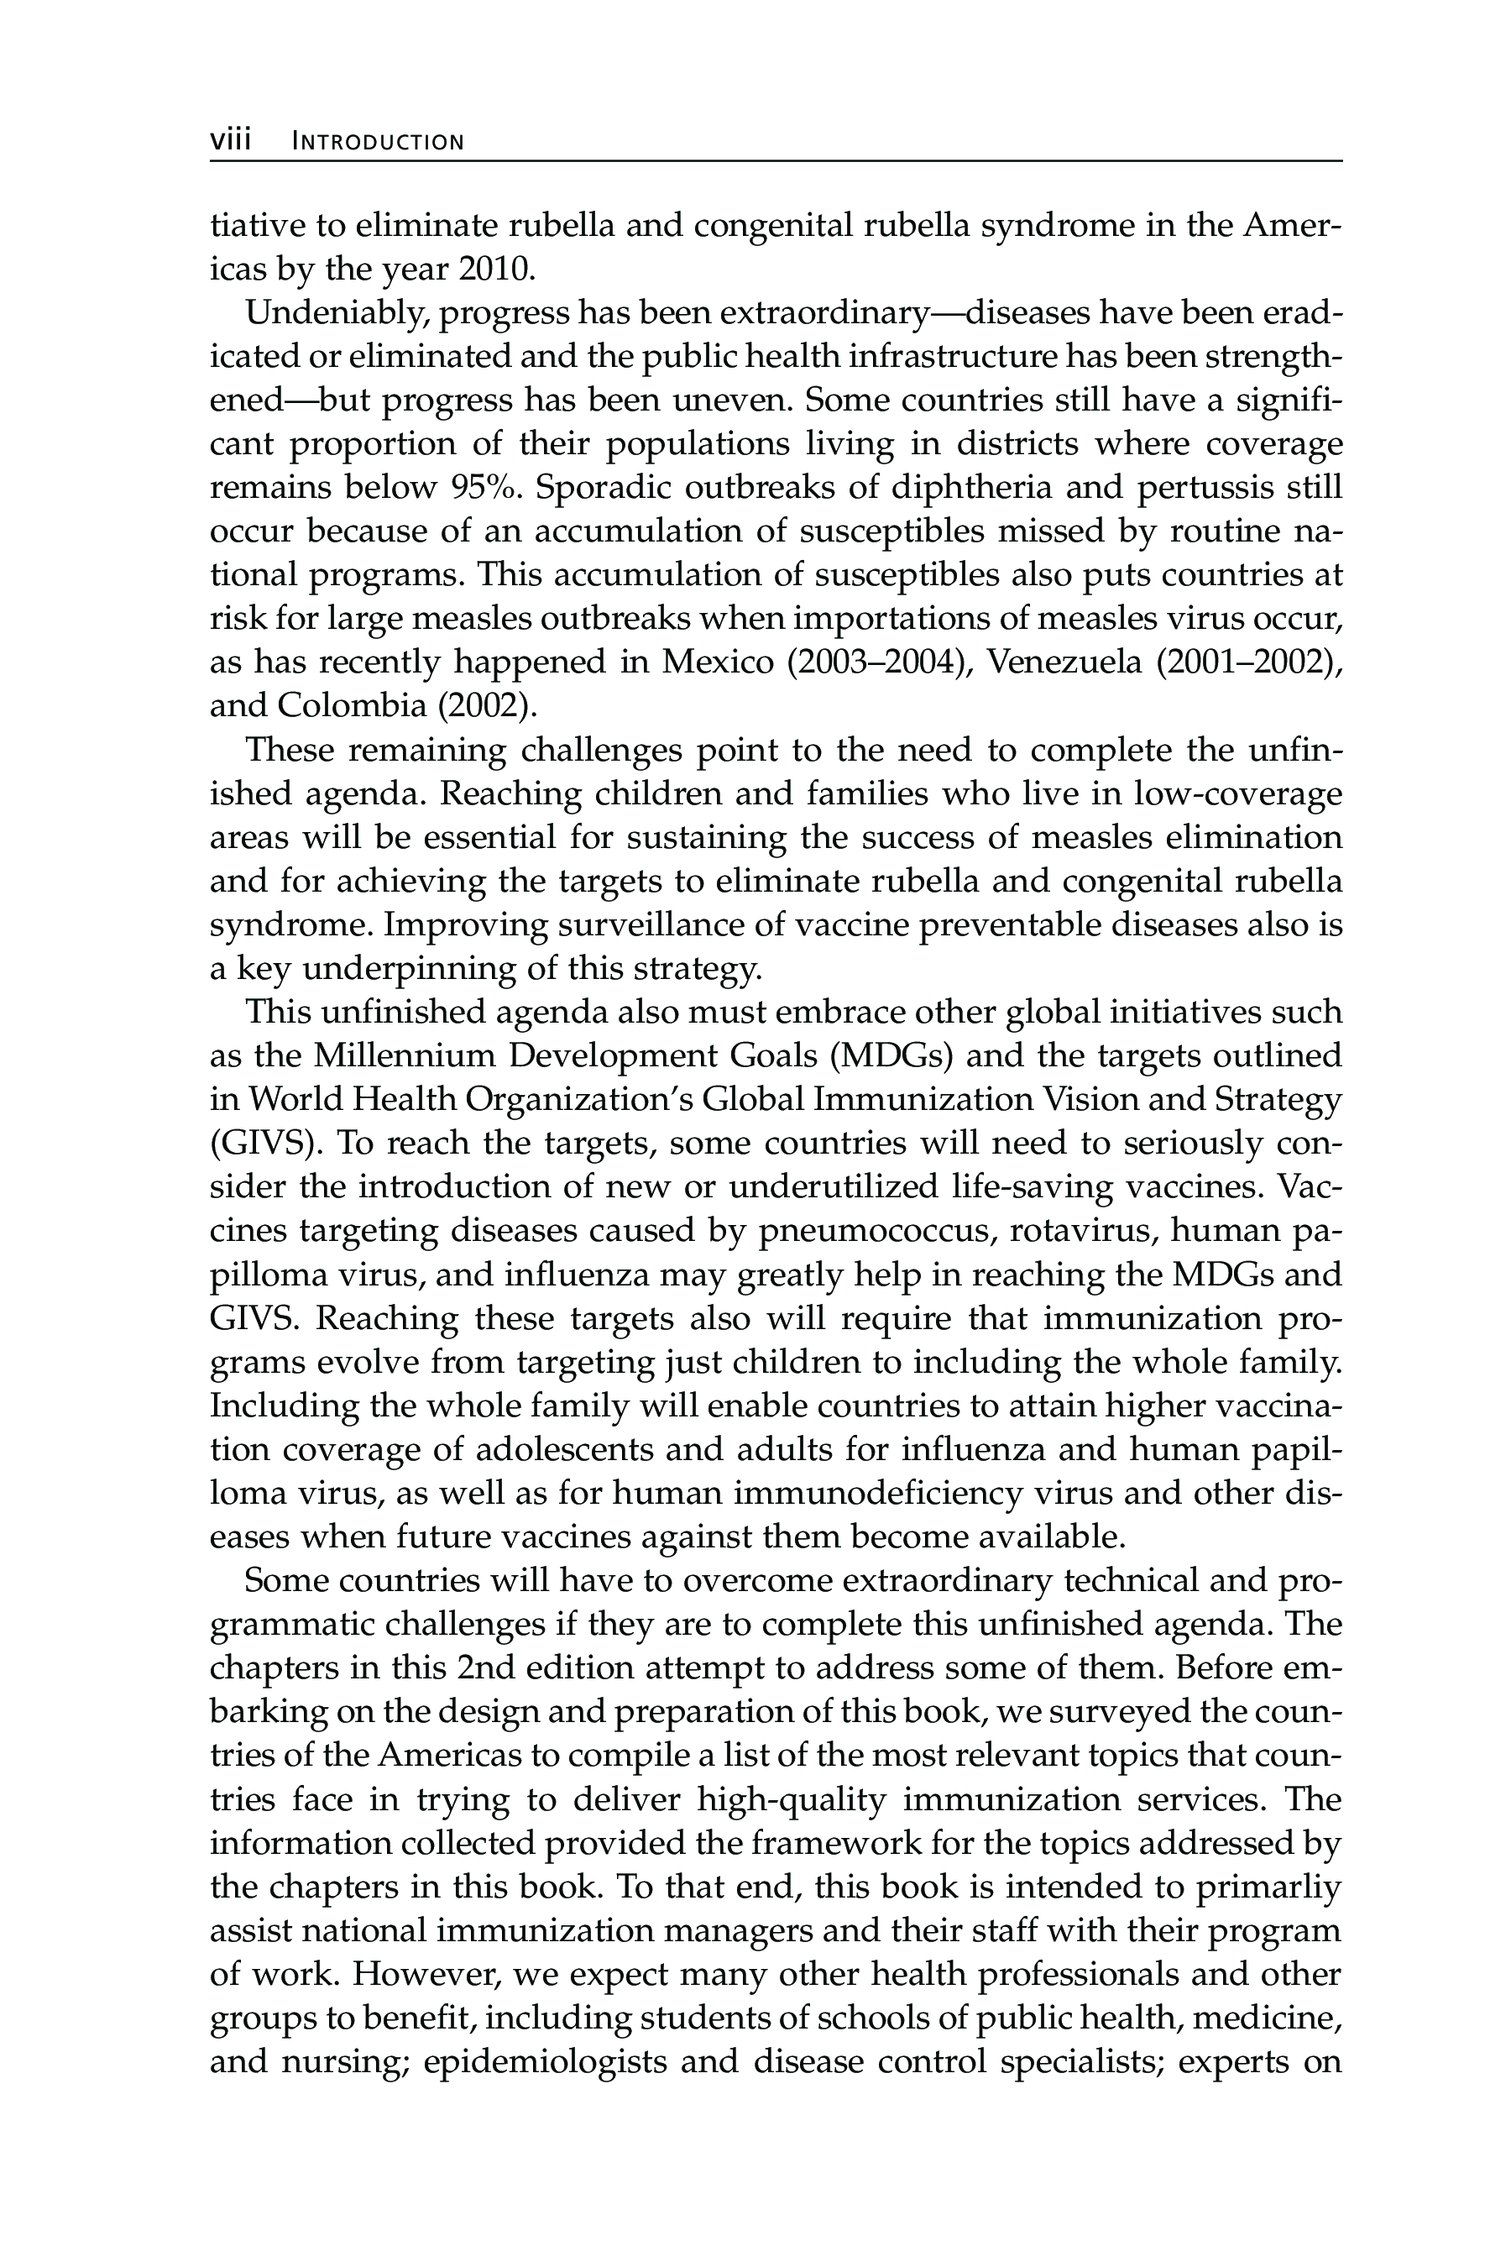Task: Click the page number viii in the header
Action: pos(230,141)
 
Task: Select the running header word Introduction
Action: pos(378,143)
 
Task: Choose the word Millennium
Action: pos(404,1055)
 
